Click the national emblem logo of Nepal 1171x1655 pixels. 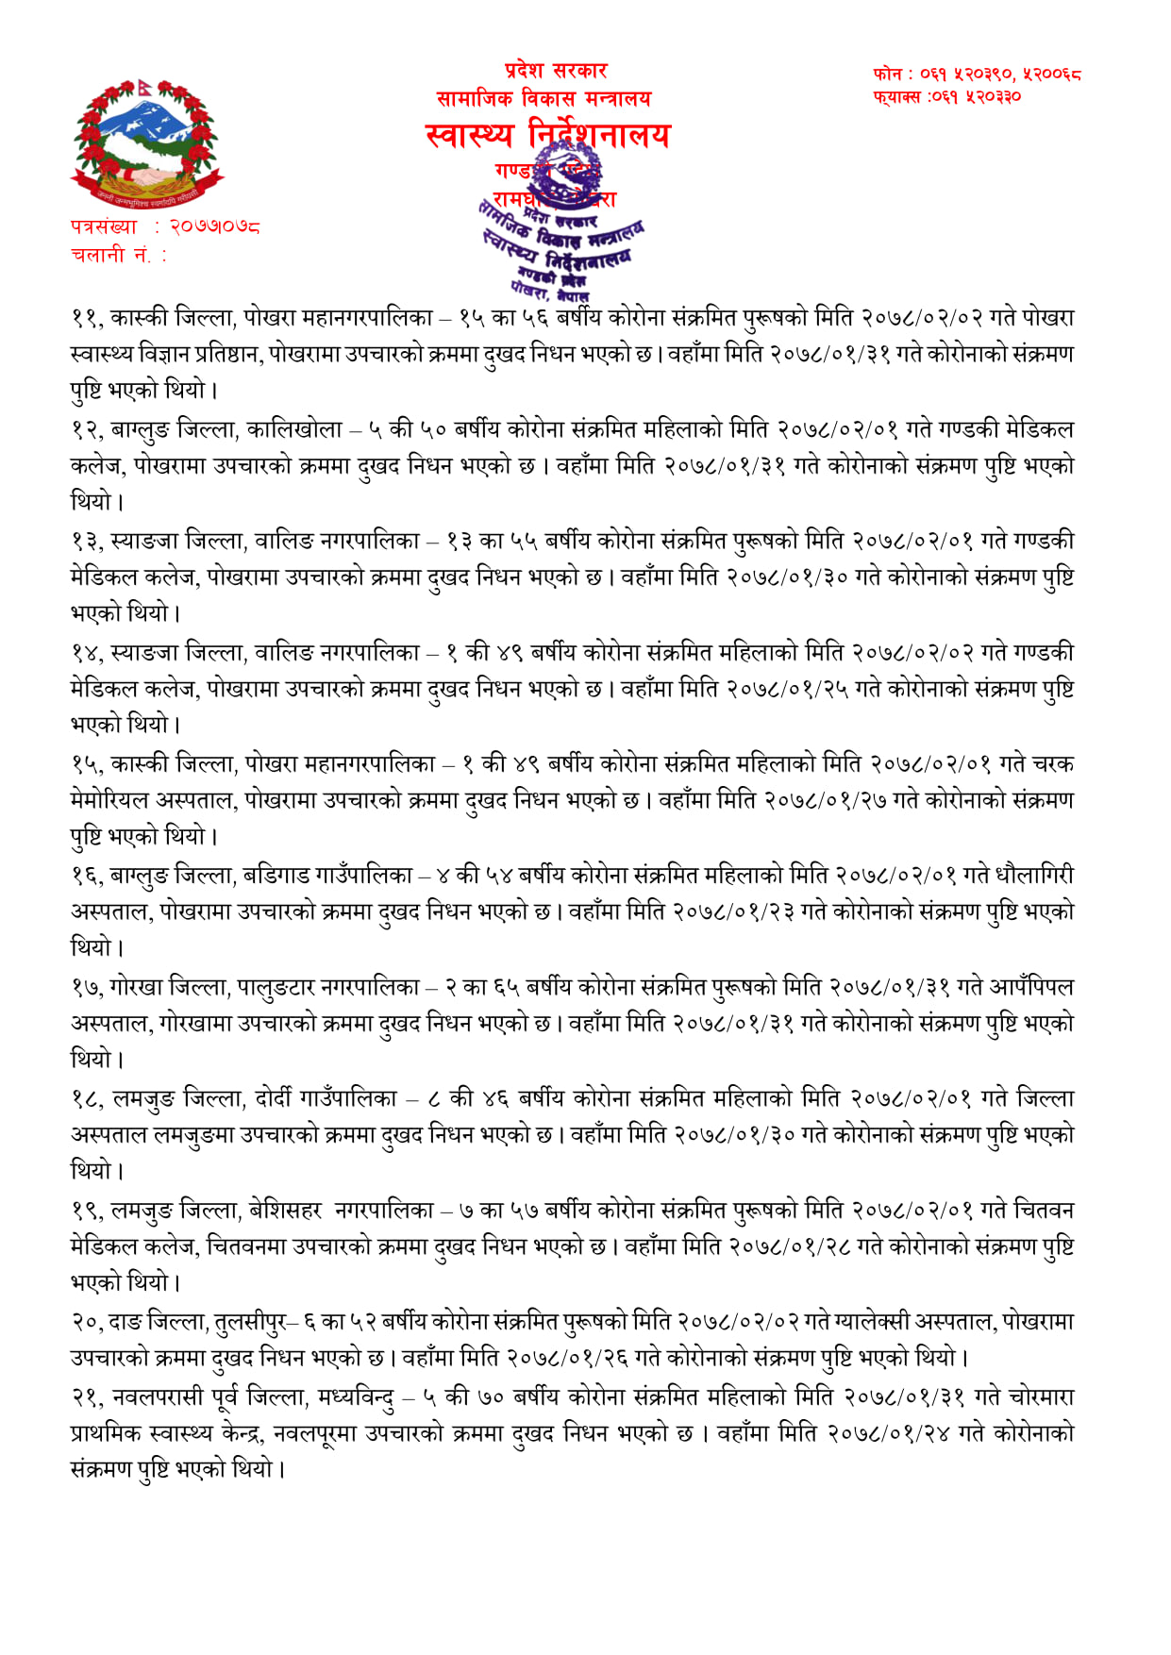(x=146, y=143)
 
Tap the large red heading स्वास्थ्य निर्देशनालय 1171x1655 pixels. (x=547, y=136)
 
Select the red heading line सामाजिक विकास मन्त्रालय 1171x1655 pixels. (x=544, y=98)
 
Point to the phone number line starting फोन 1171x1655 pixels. (x=977, y=73)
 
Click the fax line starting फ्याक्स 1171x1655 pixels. (x=947, y=96)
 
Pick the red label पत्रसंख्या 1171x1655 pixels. (x=104, y=227)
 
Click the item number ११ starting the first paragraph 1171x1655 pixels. (x=86, y=318)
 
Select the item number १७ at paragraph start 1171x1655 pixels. (x=86, y=988)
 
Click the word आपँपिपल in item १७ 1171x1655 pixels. (x=1031, y=988)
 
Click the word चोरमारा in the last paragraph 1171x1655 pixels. (x=1041, y=1396)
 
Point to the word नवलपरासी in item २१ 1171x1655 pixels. (x=158, y=1396)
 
